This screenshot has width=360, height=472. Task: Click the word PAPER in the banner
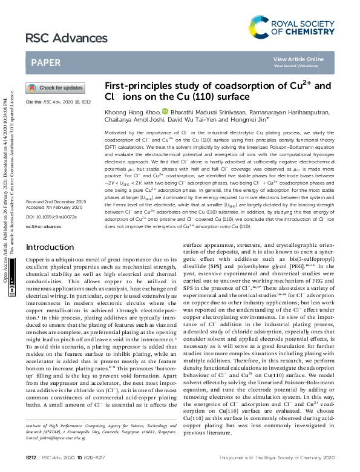point(45,62)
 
